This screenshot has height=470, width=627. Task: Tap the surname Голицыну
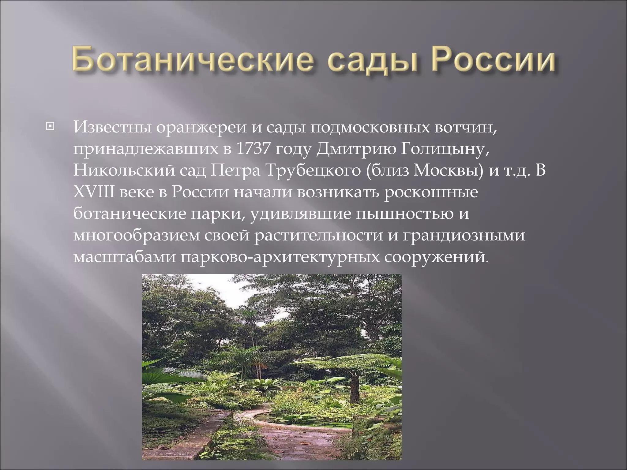[x=441, y=150]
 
